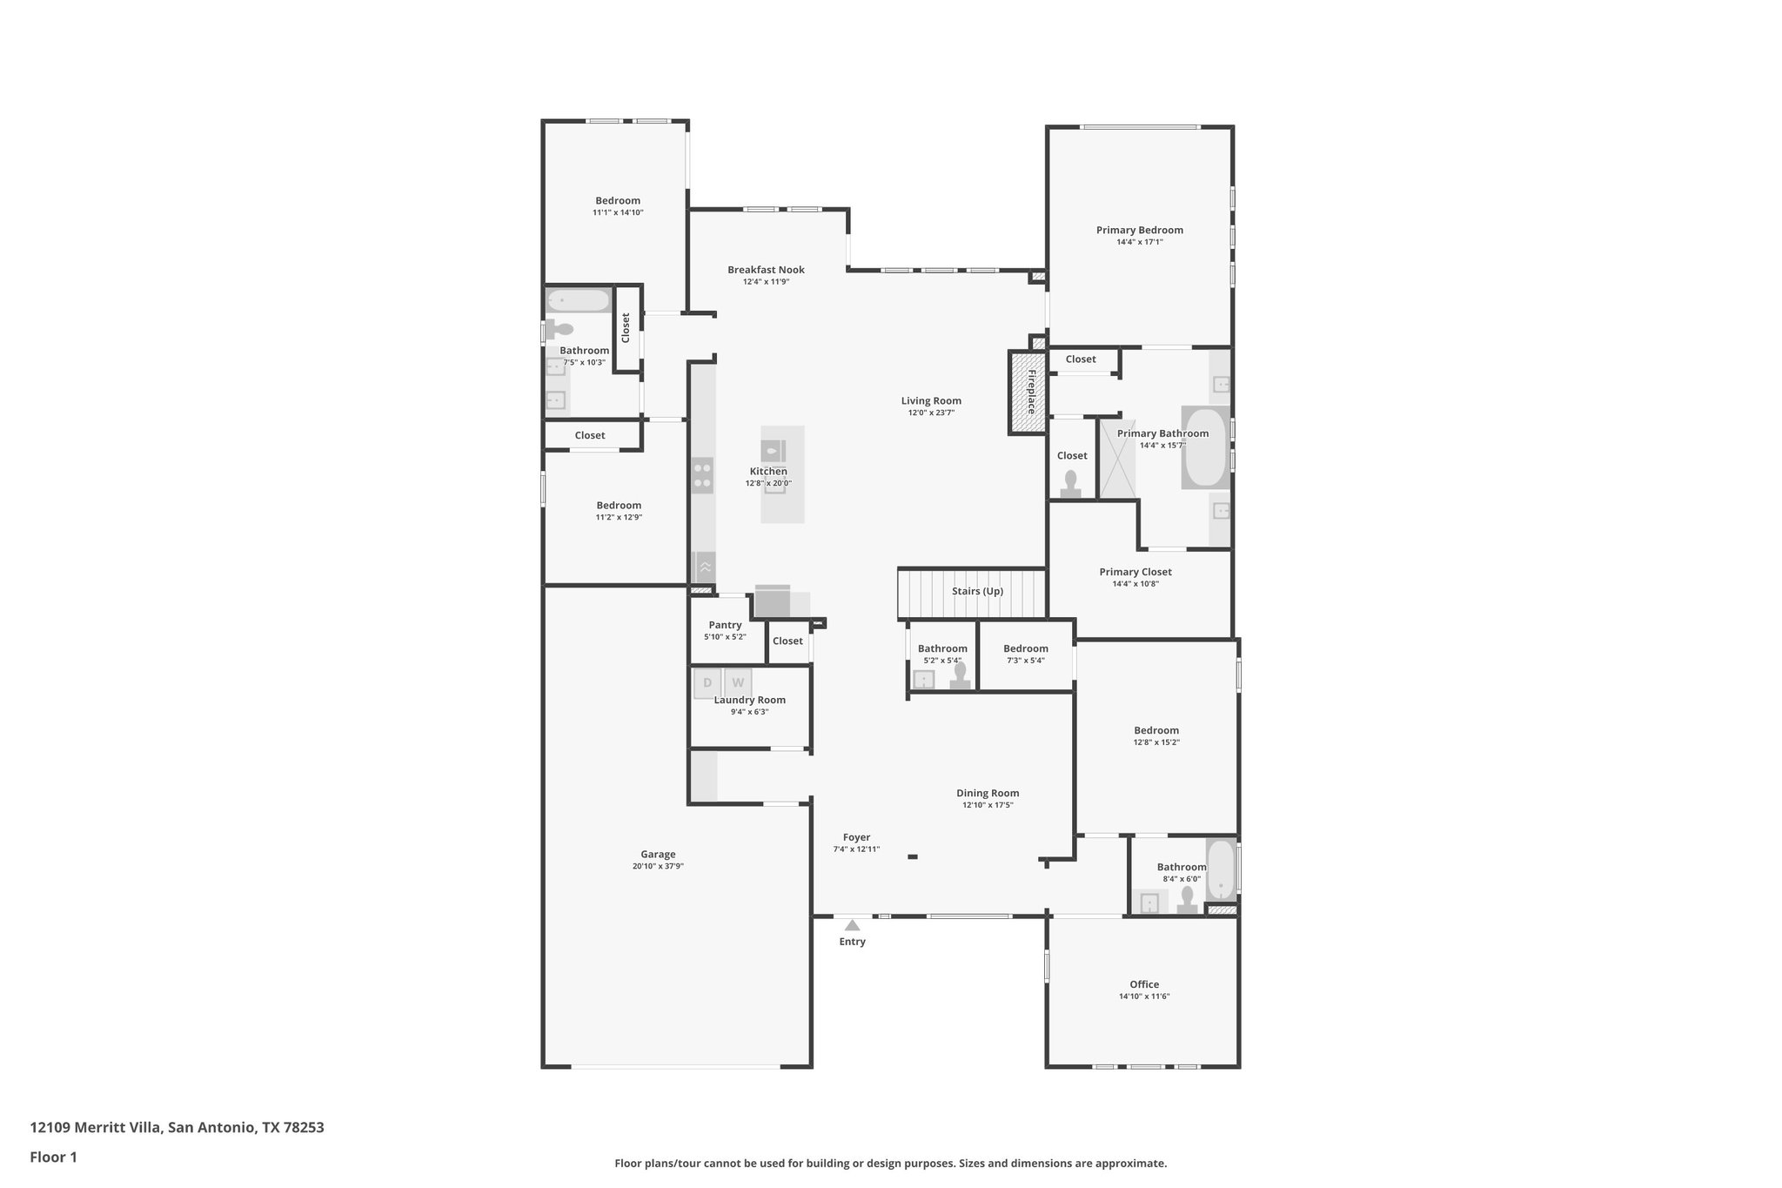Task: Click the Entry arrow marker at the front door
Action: click(852, 925)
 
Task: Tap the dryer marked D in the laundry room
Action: click(707, 683)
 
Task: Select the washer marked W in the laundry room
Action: click(738, 683)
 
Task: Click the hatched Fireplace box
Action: click(1028, 392)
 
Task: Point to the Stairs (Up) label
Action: click(977, 591)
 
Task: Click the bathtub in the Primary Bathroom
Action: click(1204, 447)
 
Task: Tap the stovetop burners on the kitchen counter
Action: click(702, 476)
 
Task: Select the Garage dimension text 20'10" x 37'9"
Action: click(658, 866)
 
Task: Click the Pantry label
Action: click(725, 625)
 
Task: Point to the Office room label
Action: click(1144, 984)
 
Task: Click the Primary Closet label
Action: click(1135, 572)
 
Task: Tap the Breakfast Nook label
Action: click(766, 270)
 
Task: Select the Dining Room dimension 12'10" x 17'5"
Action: click(988, 805)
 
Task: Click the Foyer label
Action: click(856, 837)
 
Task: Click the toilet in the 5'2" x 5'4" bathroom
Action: click(960, 676)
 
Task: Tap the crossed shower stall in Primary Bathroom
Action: click(1118, 459)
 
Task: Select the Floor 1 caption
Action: click(53, 1158)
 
